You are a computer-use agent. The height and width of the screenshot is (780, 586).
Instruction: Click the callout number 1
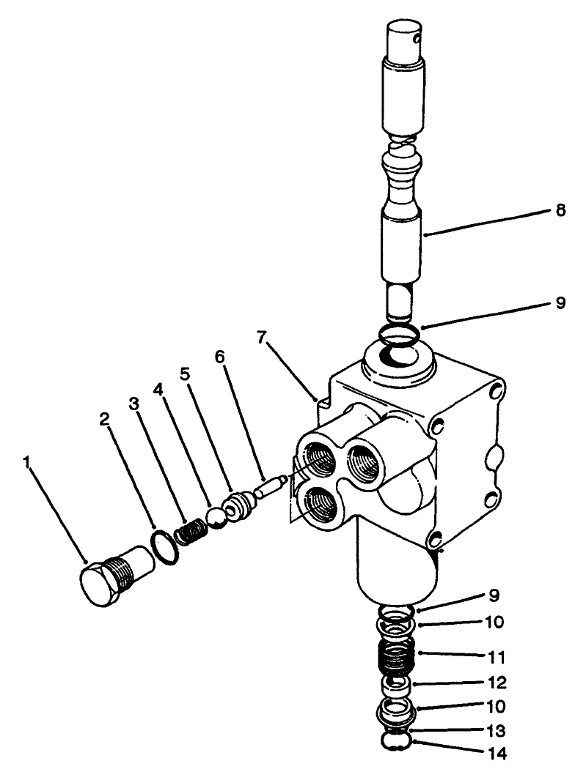coord(26,463)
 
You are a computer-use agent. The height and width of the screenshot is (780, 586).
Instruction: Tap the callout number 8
coord(560,210)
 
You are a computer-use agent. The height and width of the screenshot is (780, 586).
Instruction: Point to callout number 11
coord(495,653)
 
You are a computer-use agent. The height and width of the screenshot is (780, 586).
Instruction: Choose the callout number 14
coord(495,752)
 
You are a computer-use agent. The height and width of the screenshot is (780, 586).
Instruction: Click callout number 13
coord(495,731)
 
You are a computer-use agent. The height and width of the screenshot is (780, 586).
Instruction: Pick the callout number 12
coord(495,683)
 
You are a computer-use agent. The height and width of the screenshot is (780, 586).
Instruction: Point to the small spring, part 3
coord(191,530)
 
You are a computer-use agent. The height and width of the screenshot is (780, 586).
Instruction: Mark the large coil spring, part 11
coord(396,654)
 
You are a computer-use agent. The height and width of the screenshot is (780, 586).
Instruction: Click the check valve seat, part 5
coord(238,505)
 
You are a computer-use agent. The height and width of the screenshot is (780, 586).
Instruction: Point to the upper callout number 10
coord(495,623)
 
